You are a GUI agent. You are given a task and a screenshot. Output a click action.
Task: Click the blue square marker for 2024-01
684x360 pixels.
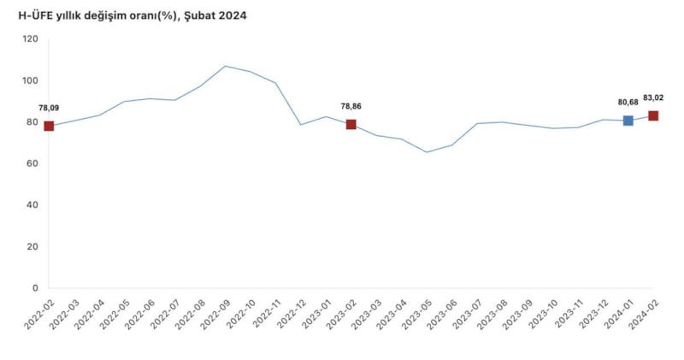[628, 121]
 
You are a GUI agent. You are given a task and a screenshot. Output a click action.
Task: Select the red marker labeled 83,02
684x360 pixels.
[653, 115]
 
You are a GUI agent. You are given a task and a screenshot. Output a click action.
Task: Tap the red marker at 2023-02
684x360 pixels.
[351, 124]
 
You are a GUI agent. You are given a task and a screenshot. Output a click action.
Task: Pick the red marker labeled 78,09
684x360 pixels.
[49, 126]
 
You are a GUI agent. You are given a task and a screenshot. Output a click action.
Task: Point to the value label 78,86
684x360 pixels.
[351, 106]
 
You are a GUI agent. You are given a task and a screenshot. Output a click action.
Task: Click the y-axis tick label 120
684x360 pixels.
[31, 39]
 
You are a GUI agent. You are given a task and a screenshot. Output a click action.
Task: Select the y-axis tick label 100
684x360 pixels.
[31, 80]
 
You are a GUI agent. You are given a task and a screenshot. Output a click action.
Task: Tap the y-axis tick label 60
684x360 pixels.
[33, 163]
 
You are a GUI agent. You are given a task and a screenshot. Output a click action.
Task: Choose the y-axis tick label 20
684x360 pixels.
[33, 246]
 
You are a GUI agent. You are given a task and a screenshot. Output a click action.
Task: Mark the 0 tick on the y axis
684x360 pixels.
[36, 288]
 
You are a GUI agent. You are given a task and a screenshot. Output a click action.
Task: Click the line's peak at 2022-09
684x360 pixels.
[225, 66]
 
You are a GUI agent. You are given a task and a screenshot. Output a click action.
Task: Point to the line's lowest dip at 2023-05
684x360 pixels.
[427, 152]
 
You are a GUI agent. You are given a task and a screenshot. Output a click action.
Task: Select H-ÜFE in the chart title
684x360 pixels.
[35, 15]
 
